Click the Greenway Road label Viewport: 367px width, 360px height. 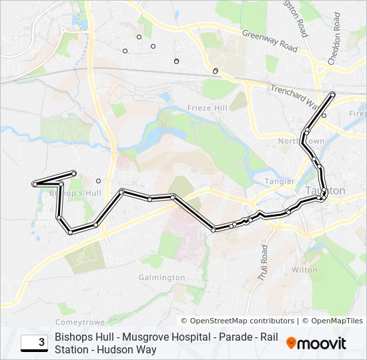(x=270, y=41)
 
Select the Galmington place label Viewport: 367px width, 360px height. (x=162, y=277)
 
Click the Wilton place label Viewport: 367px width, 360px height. (x=305, y=270)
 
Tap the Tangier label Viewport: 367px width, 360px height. (x=280, y=181)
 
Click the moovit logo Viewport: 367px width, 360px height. (x=316, y=343)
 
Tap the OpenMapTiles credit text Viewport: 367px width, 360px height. (x=336, y=321)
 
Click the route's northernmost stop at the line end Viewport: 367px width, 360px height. (x=333, y=94)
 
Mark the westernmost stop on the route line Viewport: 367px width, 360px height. (x=34, y=183)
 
